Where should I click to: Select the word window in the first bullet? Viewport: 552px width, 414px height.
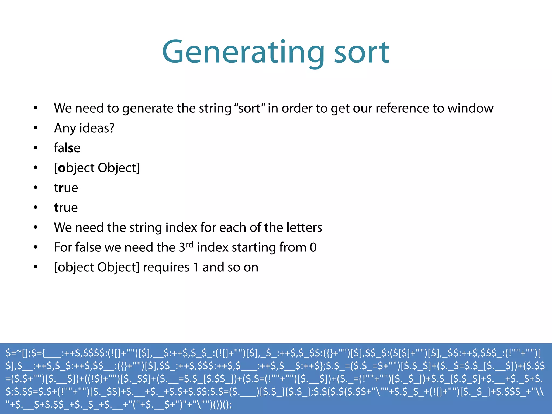click(470, 108)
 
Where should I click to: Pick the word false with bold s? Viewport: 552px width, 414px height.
click(67, 148)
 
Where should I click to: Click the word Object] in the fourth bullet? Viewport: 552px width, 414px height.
click(119, 168)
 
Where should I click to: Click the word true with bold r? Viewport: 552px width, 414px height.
click(66, 188)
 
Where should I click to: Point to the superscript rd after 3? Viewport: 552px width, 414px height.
click(189, 244)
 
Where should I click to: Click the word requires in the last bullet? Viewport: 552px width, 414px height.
click(166, 267)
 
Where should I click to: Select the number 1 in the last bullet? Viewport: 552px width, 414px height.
click(196, 267)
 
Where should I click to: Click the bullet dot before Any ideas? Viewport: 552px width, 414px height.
click(36, 128)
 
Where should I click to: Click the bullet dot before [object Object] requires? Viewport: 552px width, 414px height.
click(36, 267)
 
